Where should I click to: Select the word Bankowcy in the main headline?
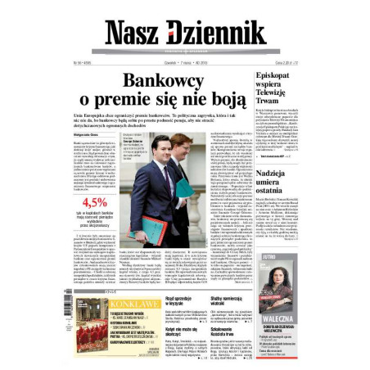coord(163,82)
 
